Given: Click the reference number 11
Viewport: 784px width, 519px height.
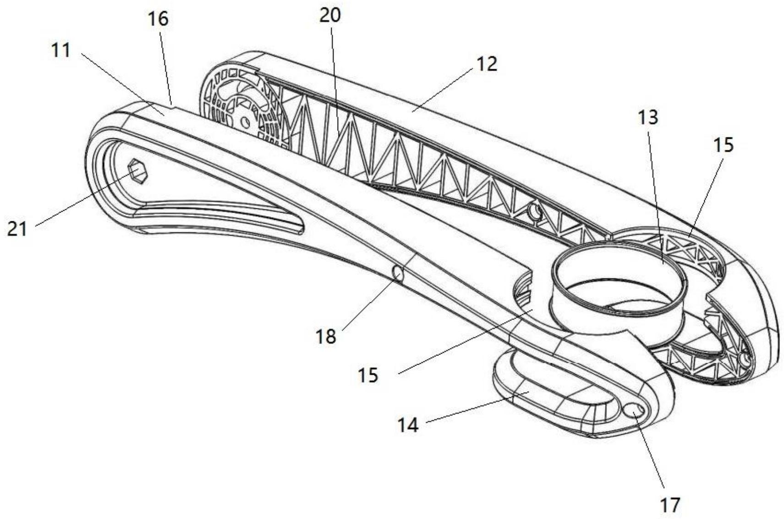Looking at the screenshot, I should (61, 49).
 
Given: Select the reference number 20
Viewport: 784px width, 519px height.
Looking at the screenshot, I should (330, 16).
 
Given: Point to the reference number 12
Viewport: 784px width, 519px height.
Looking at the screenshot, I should (486, 64).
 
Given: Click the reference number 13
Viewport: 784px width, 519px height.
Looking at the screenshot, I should (647, 117).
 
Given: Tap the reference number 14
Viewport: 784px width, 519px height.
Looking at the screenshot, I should (408, 425).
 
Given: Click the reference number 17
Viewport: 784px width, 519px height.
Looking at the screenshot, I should (670, 505).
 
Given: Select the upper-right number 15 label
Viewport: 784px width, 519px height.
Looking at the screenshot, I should (724, 145).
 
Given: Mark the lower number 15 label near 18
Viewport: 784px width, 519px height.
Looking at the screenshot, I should (368, 375).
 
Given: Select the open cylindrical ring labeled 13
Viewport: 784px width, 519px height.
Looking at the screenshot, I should (619, 279).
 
